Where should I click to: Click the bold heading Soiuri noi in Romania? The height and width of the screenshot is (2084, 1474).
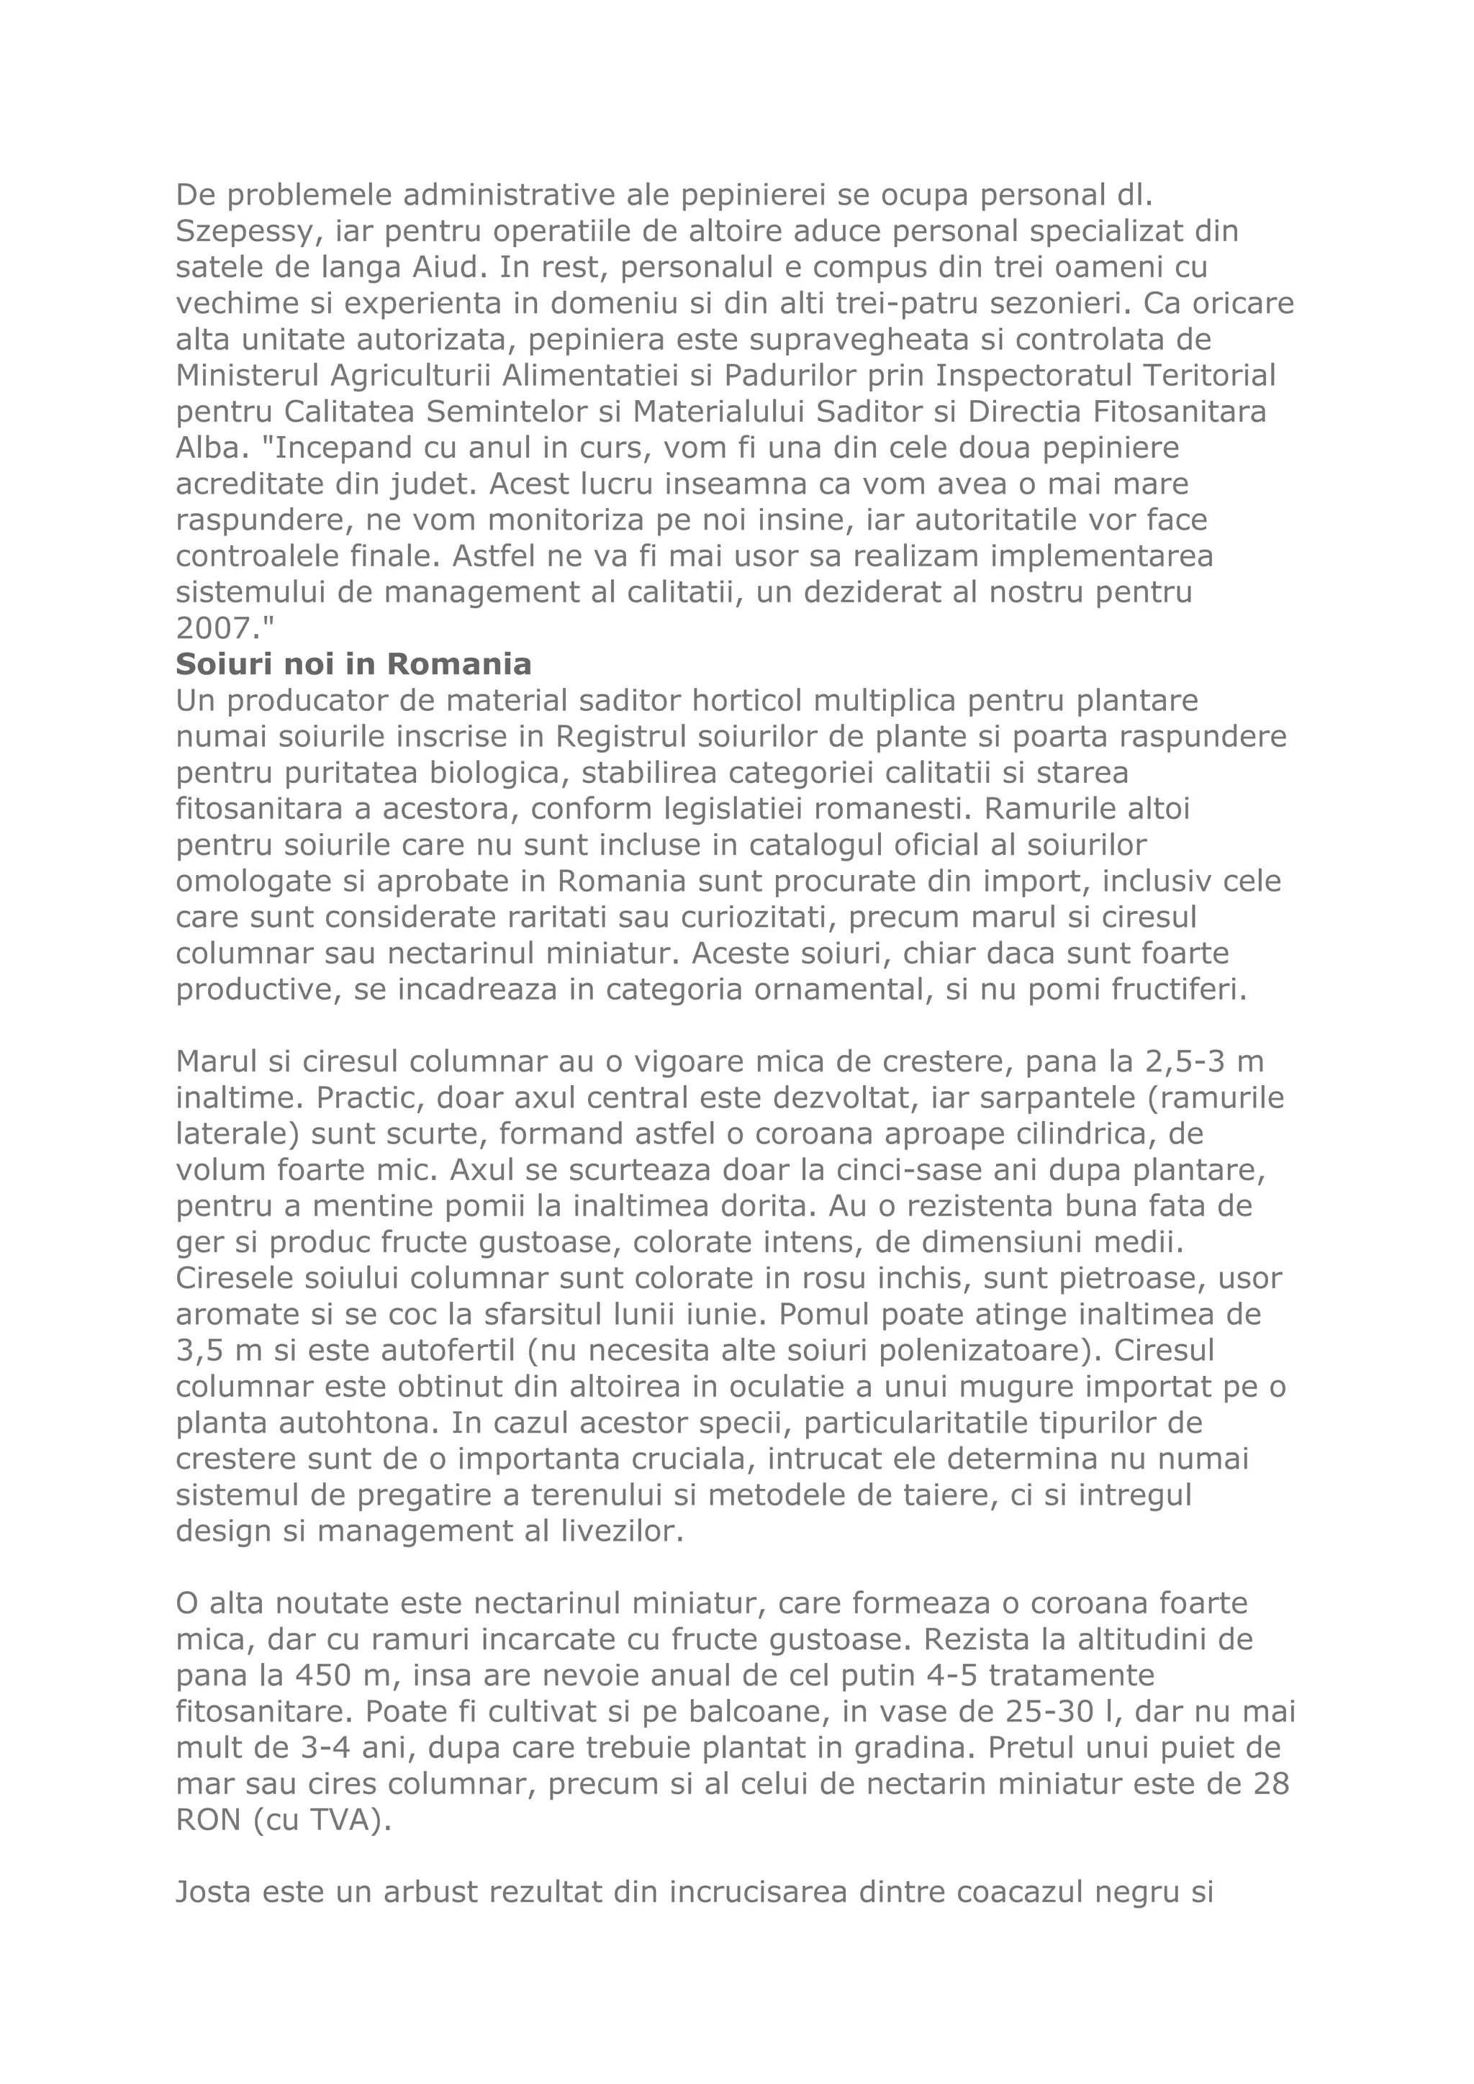[x=353, y=664]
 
